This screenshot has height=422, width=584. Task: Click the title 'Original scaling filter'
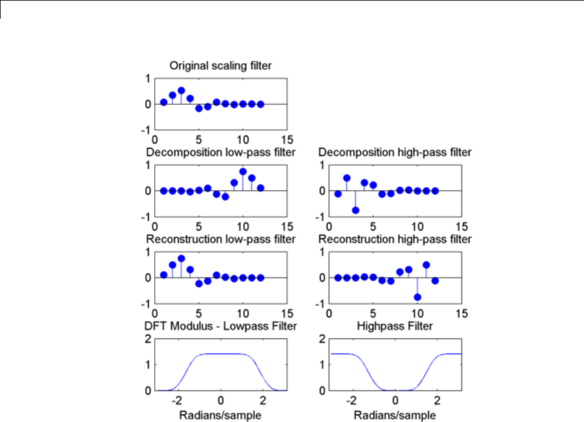(x=220, y=66)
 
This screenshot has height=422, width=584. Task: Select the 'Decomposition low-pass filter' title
(x=220, y=153)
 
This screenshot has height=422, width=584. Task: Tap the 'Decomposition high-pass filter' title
(x=395, y=153)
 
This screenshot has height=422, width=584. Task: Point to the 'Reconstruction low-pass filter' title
(x=220, y=239)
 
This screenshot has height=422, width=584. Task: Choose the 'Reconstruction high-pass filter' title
(x=395, y=239)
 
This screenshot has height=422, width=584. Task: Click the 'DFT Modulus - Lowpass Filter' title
(x=220, y=326)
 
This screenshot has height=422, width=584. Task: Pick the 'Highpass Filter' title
(x=395, y=326)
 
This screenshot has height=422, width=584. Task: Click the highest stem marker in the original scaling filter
(x=182, y=91)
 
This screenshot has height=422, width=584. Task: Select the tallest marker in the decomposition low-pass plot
(x=243, y=171)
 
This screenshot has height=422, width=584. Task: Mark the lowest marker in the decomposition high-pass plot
(x=356, y=210)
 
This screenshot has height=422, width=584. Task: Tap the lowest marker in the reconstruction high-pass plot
(x=417, y=297)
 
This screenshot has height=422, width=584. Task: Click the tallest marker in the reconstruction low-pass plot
(x=182, y=258)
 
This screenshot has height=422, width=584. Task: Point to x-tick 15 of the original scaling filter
(x=286, y=140)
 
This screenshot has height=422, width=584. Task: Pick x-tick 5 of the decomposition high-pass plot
(x=373, y=227)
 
